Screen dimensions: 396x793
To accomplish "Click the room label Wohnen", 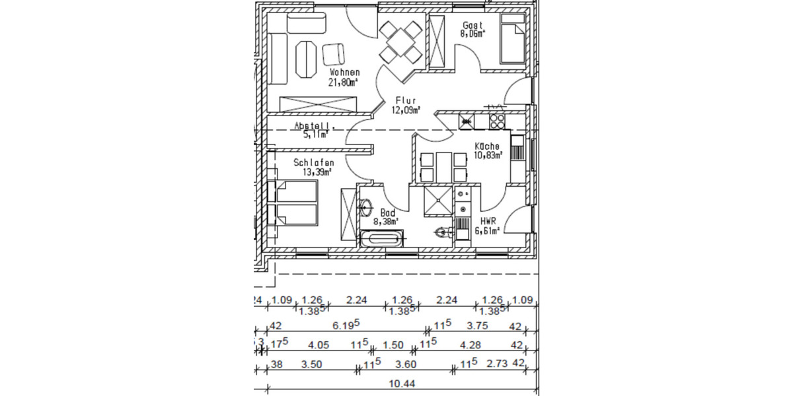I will tap(343, 72).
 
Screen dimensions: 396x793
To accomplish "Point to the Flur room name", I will tap(405, 100).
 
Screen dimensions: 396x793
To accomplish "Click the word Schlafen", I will tap(314, 162).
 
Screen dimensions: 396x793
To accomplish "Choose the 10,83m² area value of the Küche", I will tap(488, 156).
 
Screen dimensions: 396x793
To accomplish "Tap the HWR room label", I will tap(489, 221).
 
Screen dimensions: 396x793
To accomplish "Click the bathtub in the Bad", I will tap(382, 240).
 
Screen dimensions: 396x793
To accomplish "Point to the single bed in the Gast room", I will tap(513, 41).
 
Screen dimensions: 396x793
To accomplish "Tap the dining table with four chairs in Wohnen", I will tap(400, 41).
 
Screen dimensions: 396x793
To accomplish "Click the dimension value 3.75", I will tap(476, 325).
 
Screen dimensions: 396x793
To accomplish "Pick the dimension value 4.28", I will tap(470, 345).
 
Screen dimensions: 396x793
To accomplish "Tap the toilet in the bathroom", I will tap(443, 232).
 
